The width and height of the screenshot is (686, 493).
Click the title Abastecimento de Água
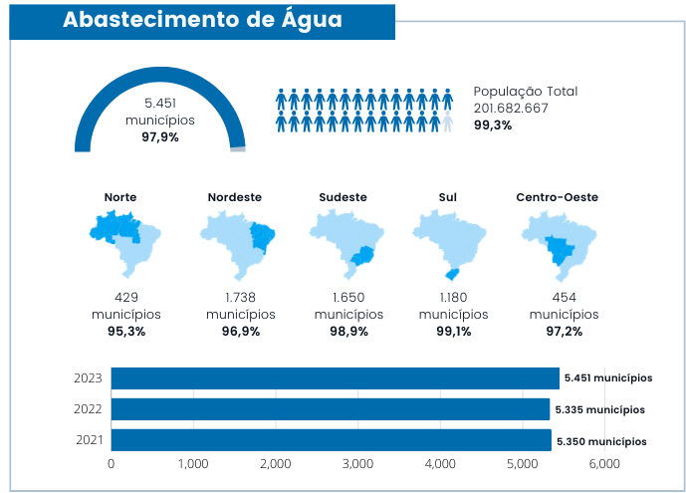(201, 20)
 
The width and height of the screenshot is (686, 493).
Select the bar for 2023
(335, 378)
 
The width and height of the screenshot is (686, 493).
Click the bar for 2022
(330, 409)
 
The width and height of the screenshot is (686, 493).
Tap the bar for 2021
(331, 440)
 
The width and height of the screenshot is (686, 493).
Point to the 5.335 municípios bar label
(603, 409)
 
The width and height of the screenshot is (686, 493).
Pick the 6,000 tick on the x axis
(603, 464)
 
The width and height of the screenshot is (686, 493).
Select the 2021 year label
(90, 440)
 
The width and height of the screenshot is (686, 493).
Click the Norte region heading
(120, 197)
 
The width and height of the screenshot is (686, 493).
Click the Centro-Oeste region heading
(557, 197)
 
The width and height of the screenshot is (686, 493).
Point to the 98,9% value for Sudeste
(343, 331)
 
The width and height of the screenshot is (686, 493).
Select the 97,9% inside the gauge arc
(160, 137)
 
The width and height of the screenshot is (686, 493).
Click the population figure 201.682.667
(511, 108)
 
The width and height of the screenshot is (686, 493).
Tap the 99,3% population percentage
(493, 125)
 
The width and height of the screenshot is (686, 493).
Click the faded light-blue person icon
(448, 122)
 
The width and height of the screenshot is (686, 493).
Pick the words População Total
(525, 91)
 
